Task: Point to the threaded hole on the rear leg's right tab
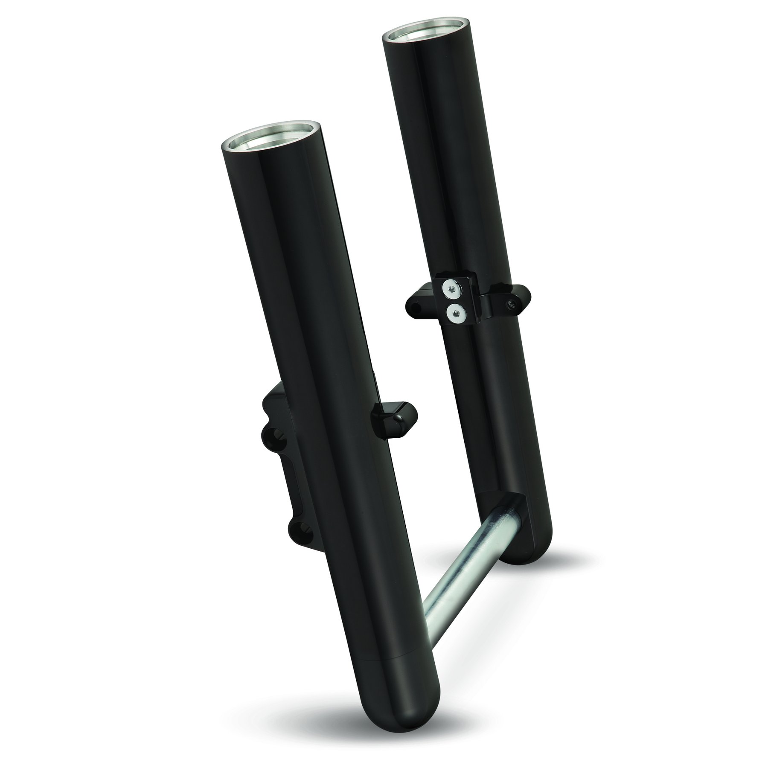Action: pos(511,304)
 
